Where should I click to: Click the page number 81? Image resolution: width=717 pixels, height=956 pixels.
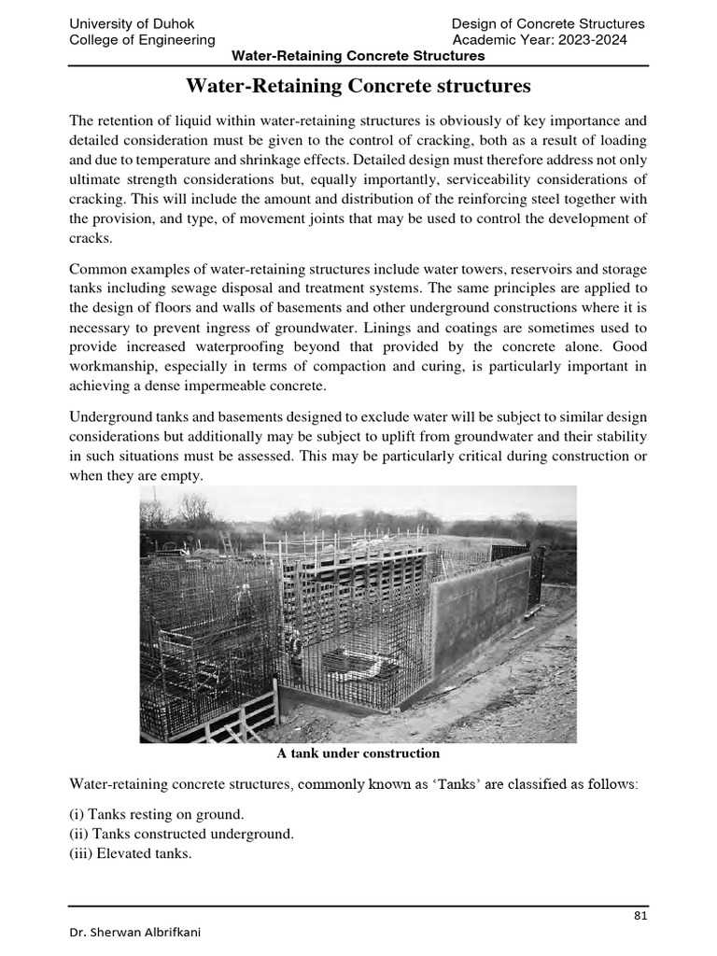[x=640, y=915]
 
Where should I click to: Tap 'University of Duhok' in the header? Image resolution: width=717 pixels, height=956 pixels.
[x=133, y=23]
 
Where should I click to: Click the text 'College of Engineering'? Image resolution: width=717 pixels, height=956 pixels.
[x=143, y=40]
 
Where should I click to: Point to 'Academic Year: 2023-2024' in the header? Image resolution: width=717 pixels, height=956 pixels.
[x=540, y=40]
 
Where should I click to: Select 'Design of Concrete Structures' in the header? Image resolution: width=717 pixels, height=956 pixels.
[x=548, y=23]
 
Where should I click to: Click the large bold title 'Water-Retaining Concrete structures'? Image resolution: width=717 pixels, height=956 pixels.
[x=358, y=87]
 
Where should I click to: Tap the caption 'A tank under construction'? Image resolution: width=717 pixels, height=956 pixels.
[x=358, y=752]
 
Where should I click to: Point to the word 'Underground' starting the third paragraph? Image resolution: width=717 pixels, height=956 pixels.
[x=110, y=415]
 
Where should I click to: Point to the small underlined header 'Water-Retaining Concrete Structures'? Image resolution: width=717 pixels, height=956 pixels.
[x=358, y=56]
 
